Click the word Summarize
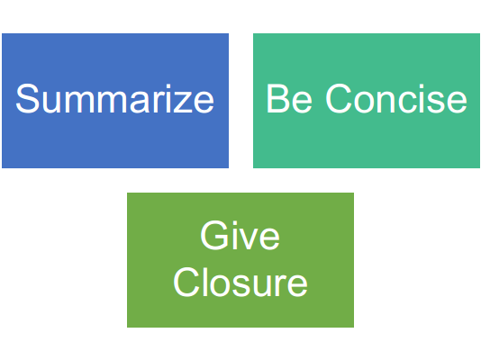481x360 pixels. coord(114,98)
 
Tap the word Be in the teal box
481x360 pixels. coord(289,98)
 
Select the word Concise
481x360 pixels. coord(396,98)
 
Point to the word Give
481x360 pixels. coord(240,235)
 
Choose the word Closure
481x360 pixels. coord(240,282)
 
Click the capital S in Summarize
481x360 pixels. coord(28,98)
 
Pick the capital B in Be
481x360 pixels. coord(277,98)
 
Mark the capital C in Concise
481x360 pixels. coord(338,98)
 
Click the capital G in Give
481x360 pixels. coord(213,235)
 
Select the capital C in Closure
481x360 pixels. coord(186,282)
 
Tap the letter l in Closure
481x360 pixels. coord(204,282)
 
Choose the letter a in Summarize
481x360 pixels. coord(139,102)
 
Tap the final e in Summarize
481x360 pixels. coord(204,102)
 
